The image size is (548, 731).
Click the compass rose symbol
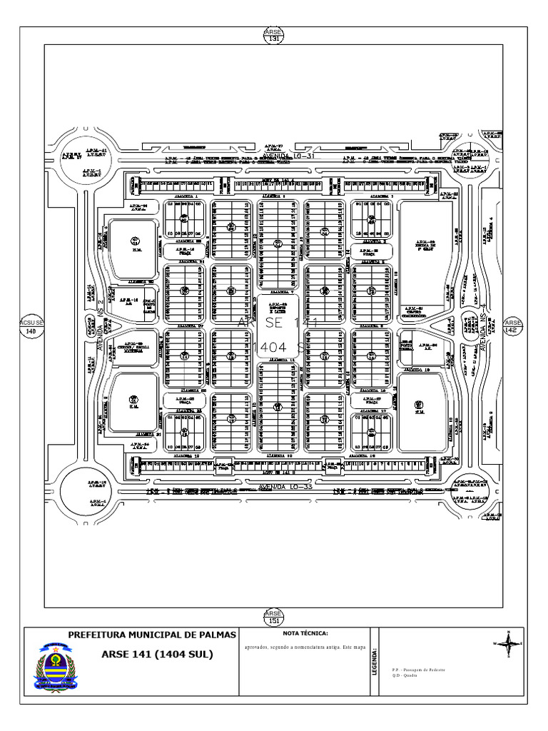(x=508, y=643)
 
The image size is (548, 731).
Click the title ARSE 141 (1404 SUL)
(x=157, y=653)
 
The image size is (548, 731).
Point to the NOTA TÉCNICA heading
(x=305, y=634)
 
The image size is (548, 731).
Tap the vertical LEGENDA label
(x=374, y=661)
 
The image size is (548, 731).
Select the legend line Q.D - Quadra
(x=405, y=675)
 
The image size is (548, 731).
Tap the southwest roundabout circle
(x=80, y=491)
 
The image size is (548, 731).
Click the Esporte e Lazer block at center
(x=278, y=309)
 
